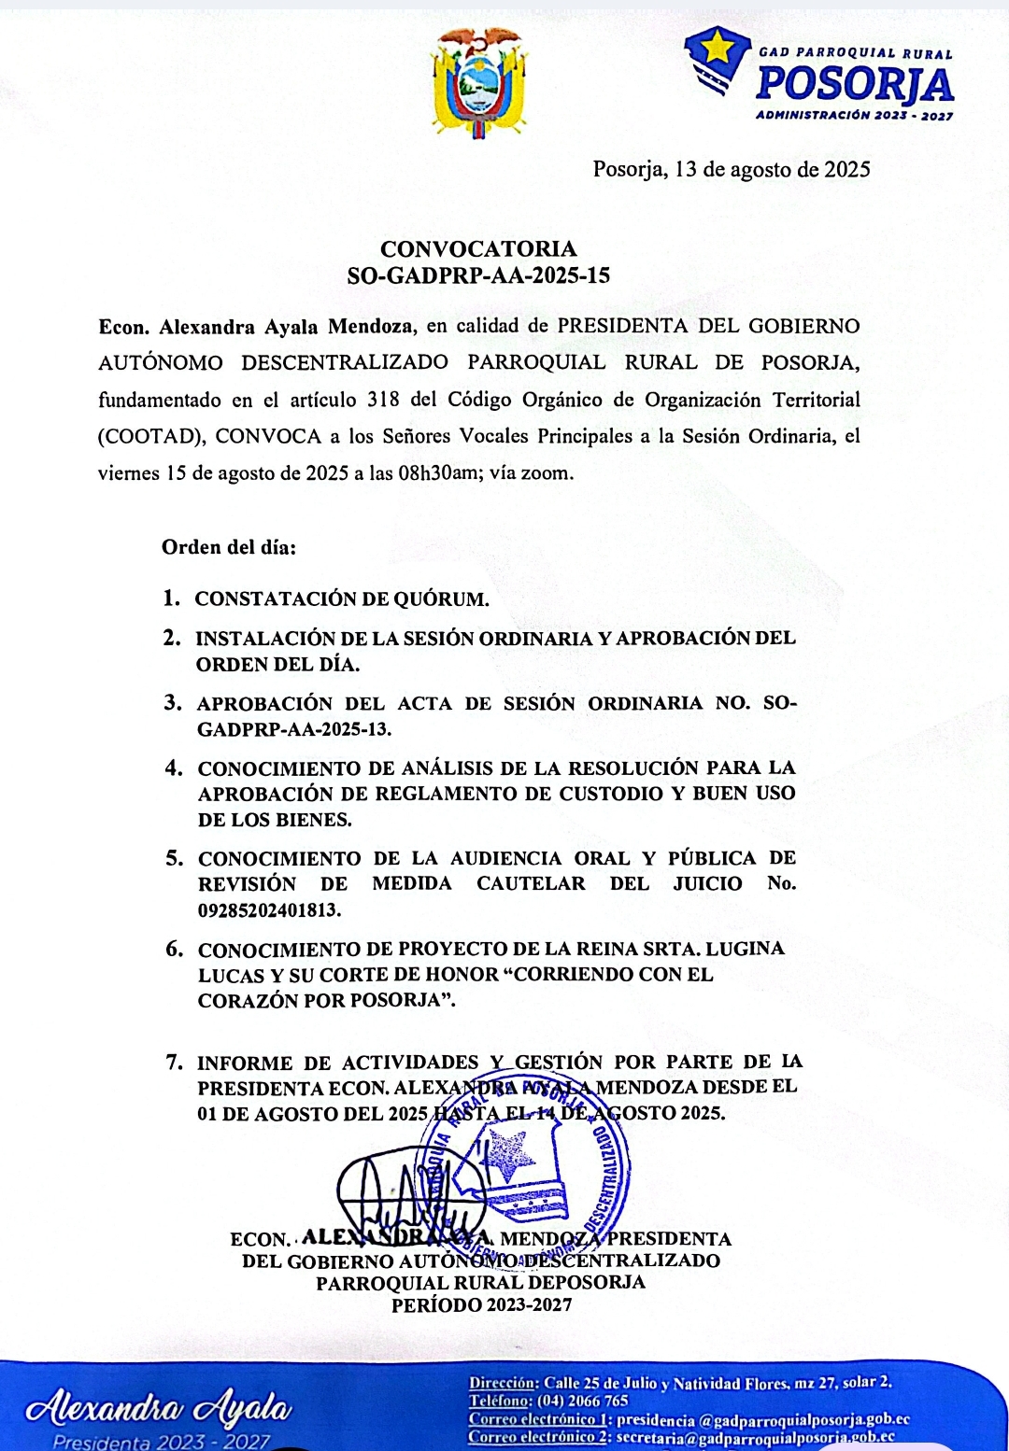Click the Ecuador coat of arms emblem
(x=477, y=82)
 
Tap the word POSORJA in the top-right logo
(x=854, y=85)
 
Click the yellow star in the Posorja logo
(x=716, y=45)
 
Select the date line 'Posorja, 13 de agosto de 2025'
(x=732, y=169)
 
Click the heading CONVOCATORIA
(x=478, y=248)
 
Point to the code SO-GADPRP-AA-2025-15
(x=478, y=275)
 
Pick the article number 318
(x=383, y=400)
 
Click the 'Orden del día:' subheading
(x=228, y=547)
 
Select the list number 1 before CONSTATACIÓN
(x=171, y=598)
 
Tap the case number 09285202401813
(x=269, y=909)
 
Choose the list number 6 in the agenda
(x=175, y=949)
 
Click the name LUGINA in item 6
(x=745, y=949)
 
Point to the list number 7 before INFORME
(x=174, y=1062)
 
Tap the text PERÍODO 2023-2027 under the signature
(x=481, y=1305)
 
